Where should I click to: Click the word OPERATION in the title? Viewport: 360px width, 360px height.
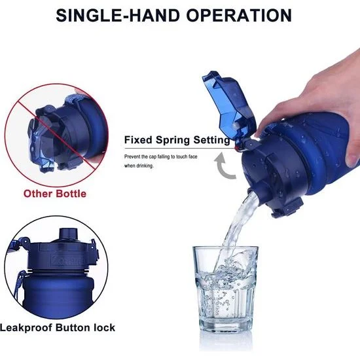click(x=239, y=16)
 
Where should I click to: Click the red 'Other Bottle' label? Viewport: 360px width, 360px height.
click(x=55, y=194)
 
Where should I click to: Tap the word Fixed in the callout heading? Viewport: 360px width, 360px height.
click(x=138, y=139)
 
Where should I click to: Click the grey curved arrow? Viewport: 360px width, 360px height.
click(x=224, y=166)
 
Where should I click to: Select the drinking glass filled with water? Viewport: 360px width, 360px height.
click(x=226, y=288)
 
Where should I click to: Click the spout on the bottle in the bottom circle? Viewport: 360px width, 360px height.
click(x=68, y=234)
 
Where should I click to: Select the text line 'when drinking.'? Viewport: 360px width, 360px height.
click(x=139, y=166)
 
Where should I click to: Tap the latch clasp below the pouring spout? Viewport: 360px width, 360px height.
click(x=287, y=207)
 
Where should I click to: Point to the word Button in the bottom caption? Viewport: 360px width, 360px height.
click(x=73, y=327)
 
